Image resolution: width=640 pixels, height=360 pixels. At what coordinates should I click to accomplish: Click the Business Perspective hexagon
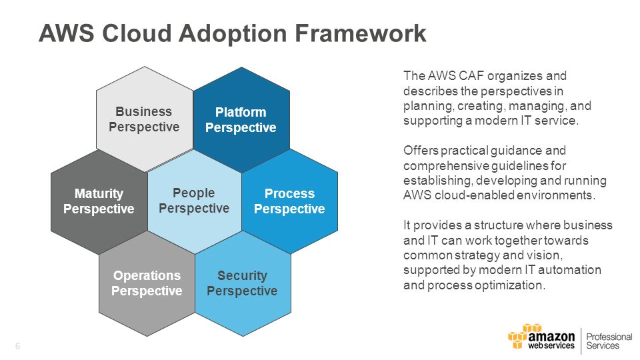(145, 119)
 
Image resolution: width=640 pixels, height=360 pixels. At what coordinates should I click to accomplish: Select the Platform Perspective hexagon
(241, 119)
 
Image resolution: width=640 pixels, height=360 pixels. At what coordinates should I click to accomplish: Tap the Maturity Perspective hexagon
(99, 201)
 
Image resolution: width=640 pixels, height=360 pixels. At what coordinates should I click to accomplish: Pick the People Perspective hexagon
(194, 201)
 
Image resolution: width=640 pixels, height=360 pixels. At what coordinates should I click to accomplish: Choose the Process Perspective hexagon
(290, 201)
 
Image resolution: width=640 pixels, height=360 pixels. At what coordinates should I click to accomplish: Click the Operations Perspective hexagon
(147, 283)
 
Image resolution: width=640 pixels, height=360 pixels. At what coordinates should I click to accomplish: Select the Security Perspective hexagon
(243, 283)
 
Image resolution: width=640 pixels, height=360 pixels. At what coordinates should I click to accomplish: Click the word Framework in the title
(361, 33)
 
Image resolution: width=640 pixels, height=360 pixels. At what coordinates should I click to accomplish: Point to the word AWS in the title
(67, 33)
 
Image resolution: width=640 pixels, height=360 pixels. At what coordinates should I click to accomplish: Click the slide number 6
(17, 346)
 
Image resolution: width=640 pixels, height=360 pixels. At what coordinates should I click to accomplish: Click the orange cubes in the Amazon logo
(521, 335)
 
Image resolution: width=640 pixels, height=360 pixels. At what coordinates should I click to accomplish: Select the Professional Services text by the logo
(609, 341)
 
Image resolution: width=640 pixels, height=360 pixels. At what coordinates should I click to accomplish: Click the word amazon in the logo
(551, 337)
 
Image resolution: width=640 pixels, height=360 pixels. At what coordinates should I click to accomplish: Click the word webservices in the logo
(551, 346)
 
